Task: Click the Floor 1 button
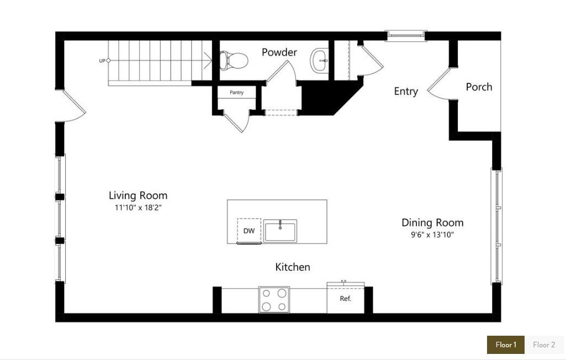505,345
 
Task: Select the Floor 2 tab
544,345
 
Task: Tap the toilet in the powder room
233,60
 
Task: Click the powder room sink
320,60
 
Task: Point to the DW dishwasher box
249,230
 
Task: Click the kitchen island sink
280,230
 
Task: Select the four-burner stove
274,300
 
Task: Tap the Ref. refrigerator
346,299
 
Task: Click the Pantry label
236,93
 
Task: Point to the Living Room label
137,195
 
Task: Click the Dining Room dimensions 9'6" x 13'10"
432,235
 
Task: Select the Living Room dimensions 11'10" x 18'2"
137,208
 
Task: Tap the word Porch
479,87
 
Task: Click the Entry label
405,92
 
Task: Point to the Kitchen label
293,267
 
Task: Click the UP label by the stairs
102,61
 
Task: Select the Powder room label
279,52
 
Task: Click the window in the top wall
406,36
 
